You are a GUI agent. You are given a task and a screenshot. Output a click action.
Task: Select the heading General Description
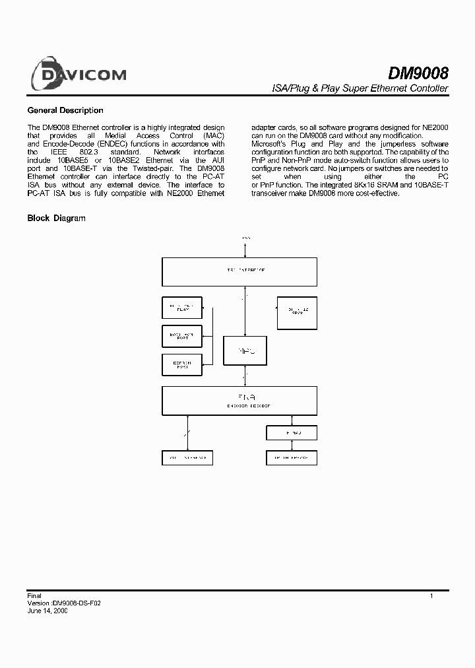tap(65, 110)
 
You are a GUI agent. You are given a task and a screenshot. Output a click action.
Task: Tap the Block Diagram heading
tap(56, 218)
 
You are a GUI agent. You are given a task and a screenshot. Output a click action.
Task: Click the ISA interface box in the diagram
tap(239, 271)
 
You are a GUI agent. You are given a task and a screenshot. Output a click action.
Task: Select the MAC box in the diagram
tap(244, 350)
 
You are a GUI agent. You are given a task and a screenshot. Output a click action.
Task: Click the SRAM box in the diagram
tap(296, 312)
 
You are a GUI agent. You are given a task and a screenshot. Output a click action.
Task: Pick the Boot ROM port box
tap(182, 336)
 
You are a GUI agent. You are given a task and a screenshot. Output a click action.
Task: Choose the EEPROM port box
tap(182, 364)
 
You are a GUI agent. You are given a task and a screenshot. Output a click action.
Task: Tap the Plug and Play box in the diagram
tap(182, 308)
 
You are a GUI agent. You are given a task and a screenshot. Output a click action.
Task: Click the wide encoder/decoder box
tap(239, 400)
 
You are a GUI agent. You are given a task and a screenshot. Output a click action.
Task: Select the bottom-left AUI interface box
tap(187, 457)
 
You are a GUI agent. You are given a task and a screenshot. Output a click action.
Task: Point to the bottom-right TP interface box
tap(291, 457)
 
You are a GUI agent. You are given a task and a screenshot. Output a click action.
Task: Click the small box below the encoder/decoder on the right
tap(291, 432)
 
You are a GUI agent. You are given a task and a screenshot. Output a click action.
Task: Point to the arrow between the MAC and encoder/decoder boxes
tap(245, 375)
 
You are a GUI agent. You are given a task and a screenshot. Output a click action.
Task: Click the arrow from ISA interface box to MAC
tap(245, 310)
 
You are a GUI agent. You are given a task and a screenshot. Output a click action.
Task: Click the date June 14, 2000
tap(47, 611)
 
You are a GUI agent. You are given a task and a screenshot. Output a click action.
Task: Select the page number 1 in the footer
tap(431, 596)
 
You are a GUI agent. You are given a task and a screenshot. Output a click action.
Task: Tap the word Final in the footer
tap(34, 596)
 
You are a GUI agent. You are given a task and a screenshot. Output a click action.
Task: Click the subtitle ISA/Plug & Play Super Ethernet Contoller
tap(360, 88)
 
